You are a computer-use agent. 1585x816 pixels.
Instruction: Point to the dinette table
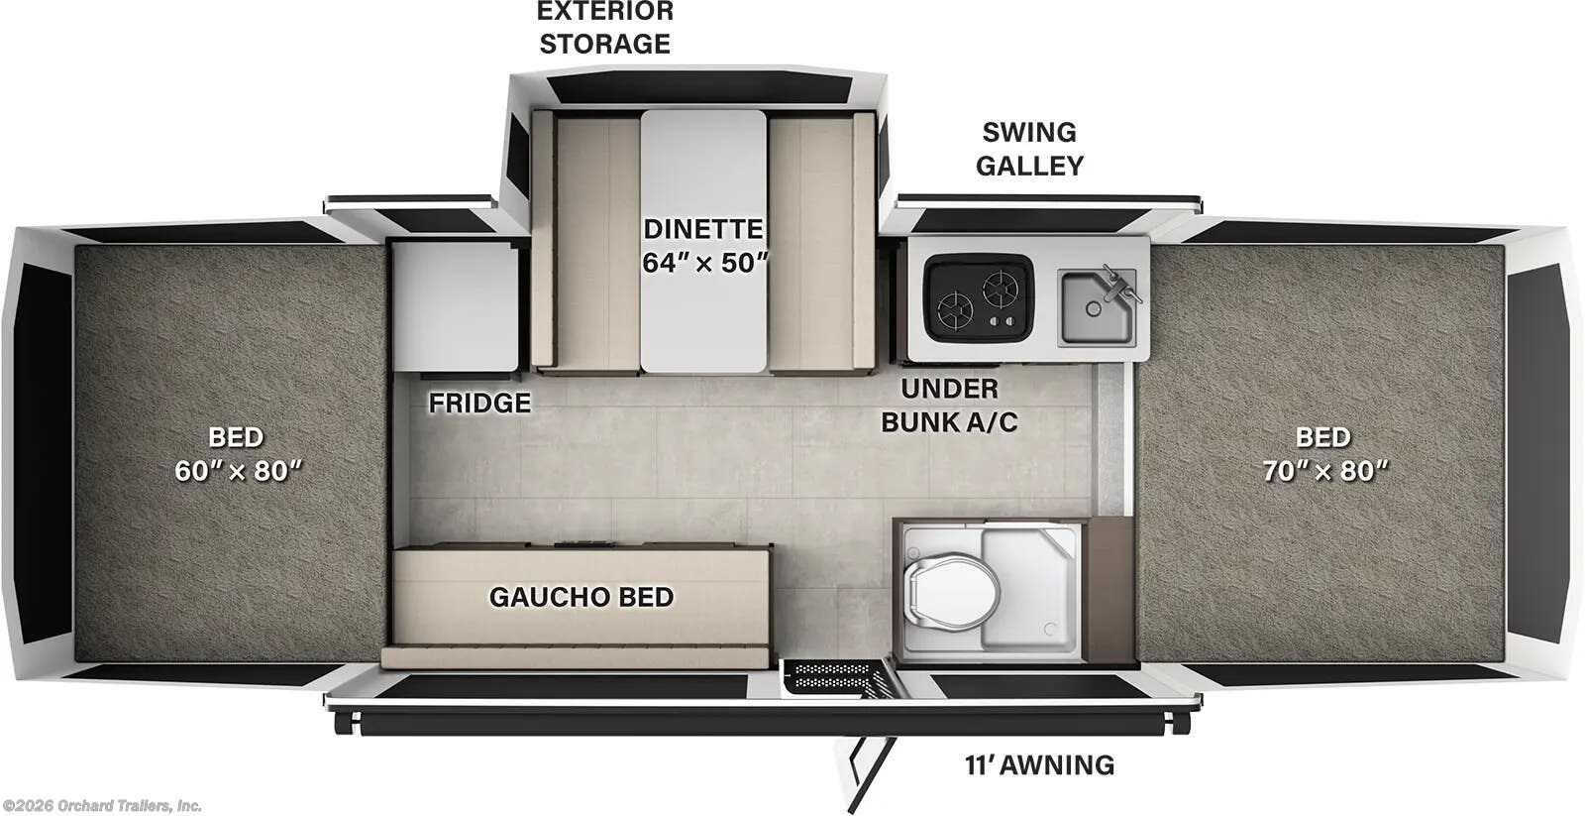(703, 241)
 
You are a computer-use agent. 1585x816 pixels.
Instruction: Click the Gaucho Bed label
(581, 597)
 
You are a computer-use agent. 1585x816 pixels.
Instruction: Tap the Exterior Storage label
(605, 28)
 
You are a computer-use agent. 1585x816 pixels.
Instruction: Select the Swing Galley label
(1029, 149)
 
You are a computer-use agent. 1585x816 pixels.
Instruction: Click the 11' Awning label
(1039, 765)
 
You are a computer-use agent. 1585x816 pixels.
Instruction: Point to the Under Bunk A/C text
(949, 405)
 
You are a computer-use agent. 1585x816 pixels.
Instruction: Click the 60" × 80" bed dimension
(238, 471)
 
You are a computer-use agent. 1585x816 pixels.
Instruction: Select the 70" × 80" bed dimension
(1325, 471)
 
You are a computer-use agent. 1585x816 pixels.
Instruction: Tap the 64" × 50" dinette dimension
(705, 263)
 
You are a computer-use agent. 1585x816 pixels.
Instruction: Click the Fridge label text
(479, 404)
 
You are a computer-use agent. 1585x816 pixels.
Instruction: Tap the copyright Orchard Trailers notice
(102, 805)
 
